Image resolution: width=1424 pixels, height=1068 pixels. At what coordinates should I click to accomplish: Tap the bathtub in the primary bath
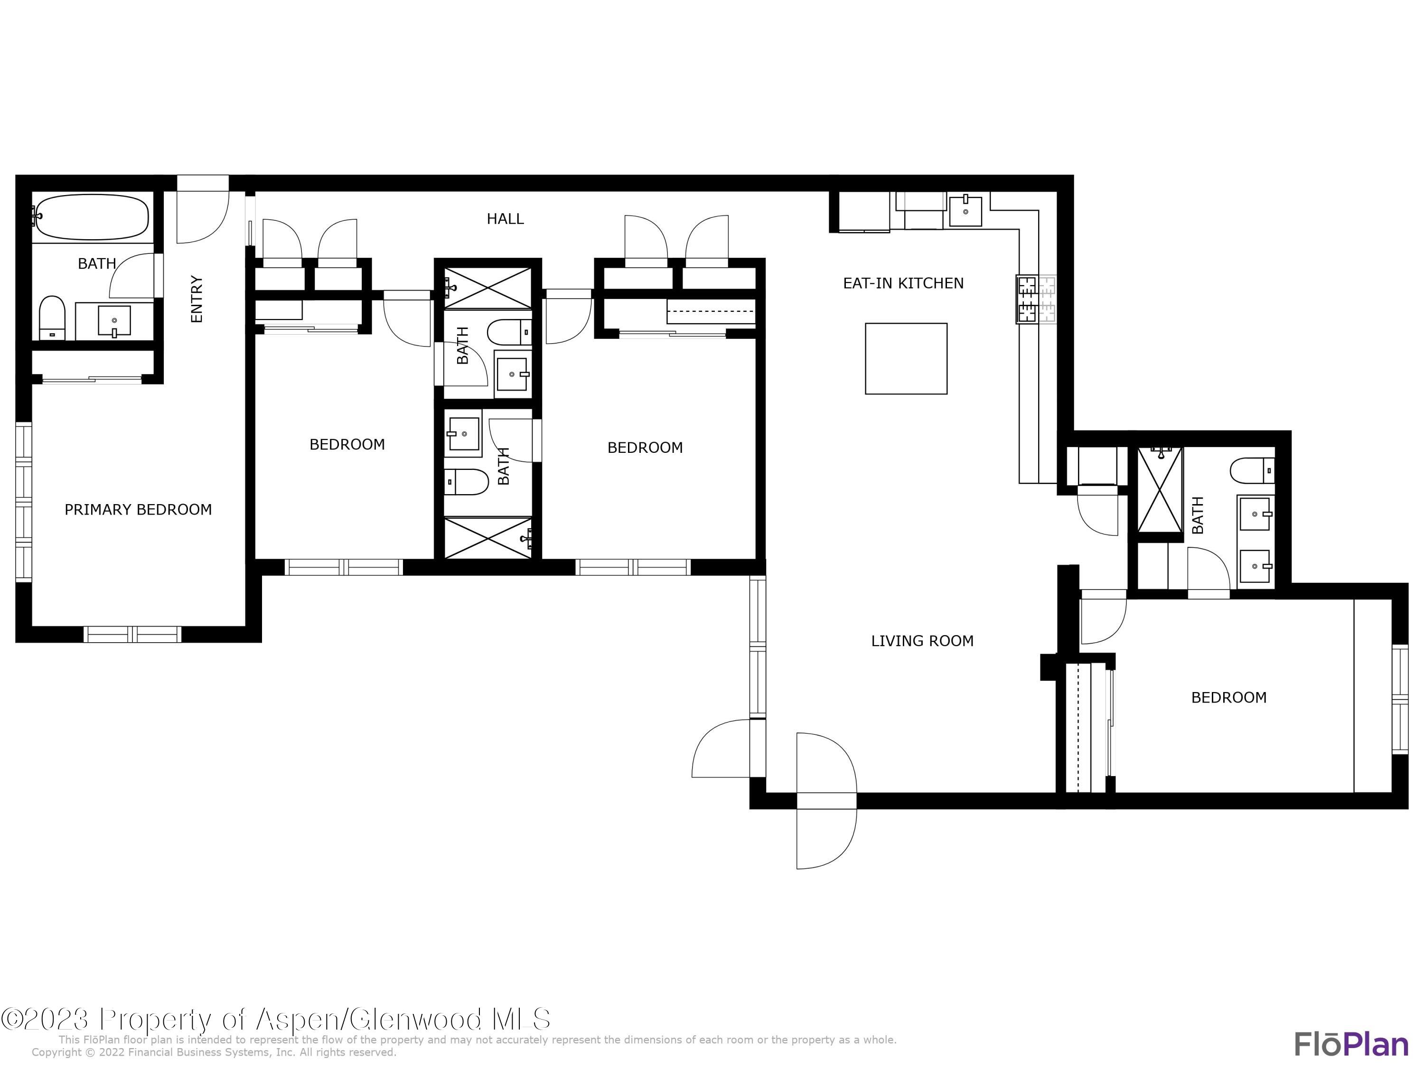(x=92, y=217)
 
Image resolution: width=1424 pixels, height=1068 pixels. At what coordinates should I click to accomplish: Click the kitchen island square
(x=905, y=358)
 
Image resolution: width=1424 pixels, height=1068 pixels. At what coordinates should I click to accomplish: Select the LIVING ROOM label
(x=921, y=640)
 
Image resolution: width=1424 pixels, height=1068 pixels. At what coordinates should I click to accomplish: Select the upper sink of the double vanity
(x=1254, y=514)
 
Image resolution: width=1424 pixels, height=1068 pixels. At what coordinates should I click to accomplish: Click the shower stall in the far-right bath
(x=1160, y=490)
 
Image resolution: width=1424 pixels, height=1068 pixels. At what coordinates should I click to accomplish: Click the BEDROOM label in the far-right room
(x=1228, y=697)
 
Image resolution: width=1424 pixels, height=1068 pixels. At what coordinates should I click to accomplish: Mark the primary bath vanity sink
(x=114, y=320)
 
